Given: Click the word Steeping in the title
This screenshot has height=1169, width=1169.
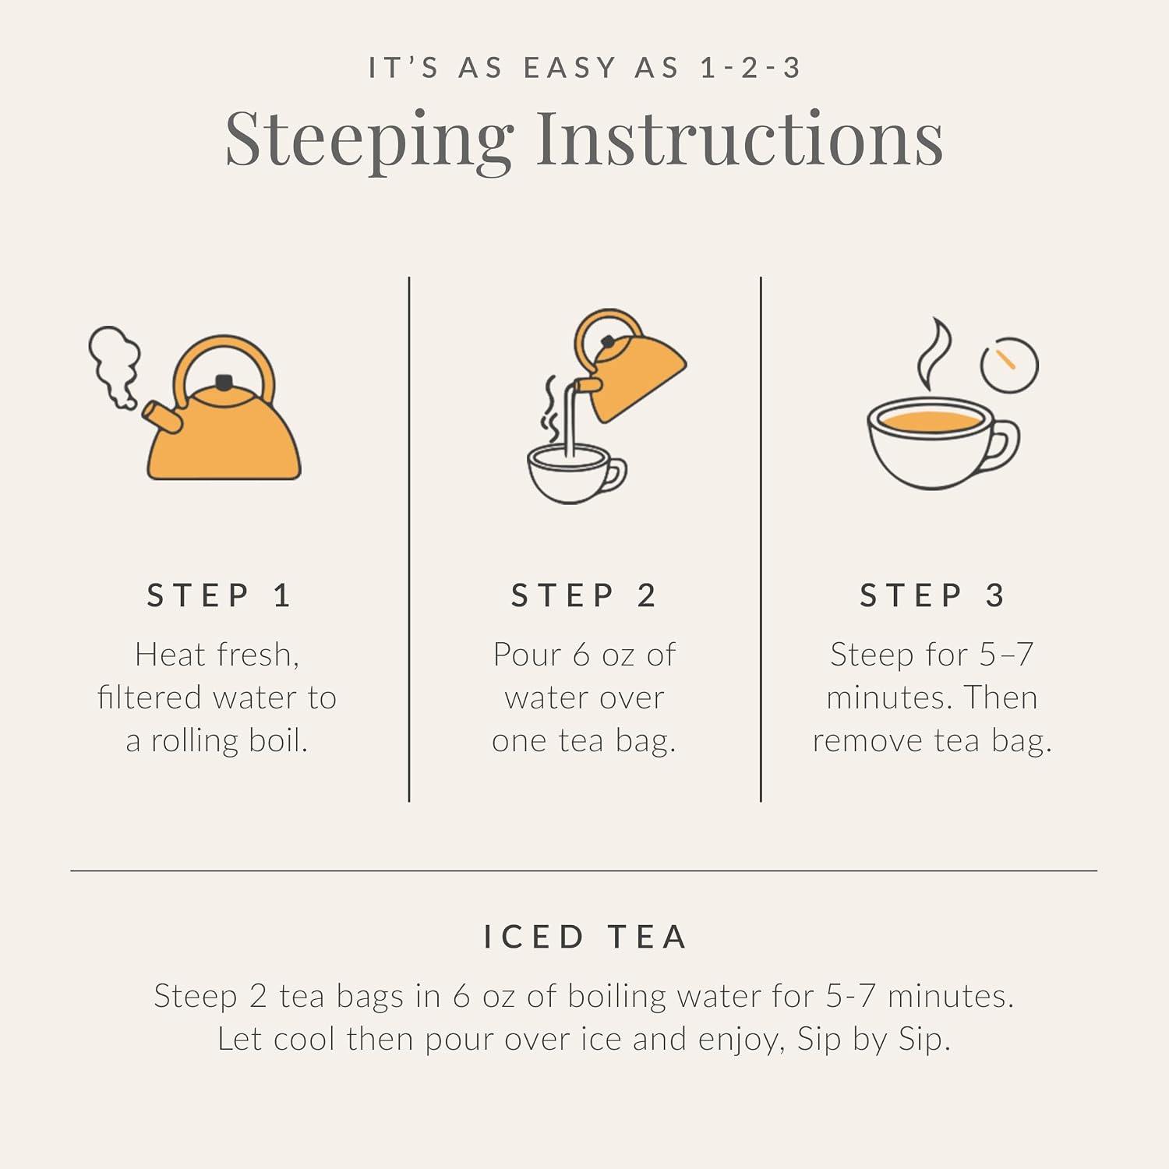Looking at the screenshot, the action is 369,141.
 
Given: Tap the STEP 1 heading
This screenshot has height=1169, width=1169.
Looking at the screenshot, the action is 218,595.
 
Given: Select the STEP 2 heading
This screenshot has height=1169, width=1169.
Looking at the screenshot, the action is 583,595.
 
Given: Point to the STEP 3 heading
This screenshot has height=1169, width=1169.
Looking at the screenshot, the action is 932,595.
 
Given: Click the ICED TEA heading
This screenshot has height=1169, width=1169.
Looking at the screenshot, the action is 584,937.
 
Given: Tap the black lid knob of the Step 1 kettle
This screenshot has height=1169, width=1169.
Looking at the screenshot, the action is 224,382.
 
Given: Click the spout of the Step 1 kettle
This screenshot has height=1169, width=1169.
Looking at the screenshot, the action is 162,417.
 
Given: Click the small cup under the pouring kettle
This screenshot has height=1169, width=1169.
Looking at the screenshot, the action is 575,473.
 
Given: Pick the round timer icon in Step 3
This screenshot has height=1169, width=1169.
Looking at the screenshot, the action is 1009,365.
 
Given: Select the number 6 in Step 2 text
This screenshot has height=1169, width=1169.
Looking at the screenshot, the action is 581,655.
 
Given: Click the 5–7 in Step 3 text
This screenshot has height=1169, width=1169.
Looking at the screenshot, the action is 1007,655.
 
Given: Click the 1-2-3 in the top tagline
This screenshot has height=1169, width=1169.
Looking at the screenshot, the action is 750,69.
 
